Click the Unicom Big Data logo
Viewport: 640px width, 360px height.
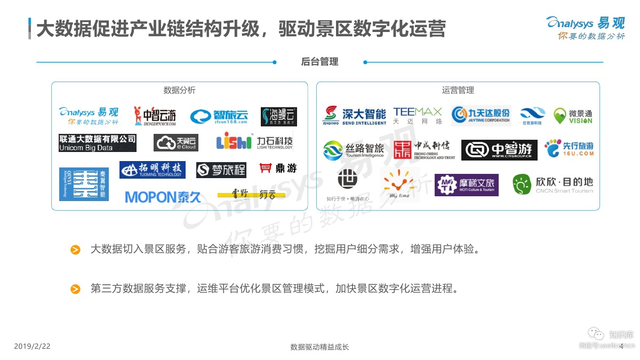98,143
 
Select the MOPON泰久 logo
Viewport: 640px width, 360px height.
163,197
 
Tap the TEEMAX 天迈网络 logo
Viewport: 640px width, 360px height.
418,115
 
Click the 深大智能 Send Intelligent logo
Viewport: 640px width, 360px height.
355,115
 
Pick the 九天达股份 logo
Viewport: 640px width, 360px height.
481,115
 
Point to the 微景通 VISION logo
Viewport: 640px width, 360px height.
573,116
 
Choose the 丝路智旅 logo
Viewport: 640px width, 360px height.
354,150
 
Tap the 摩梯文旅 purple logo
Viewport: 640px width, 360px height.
466,185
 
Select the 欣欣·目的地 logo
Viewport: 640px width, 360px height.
553,184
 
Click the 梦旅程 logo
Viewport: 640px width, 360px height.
221,170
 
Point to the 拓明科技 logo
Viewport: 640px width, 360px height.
153,170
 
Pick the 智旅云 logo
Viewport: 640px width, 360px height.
219,116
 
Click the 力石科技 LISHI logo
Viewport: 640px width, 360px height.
254,142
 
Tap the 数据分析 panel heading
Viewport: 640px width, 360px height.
179,90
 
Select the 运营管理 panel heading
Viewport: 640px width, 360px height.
458,90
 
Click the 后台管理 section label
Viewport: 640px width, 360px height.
319,62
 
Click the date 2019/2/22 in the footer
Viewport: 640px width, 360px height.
32,347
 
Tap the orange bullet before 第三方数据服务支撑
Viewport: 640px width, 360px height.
76,289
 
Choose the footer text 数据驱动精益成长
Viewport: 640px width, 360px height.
319,347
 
